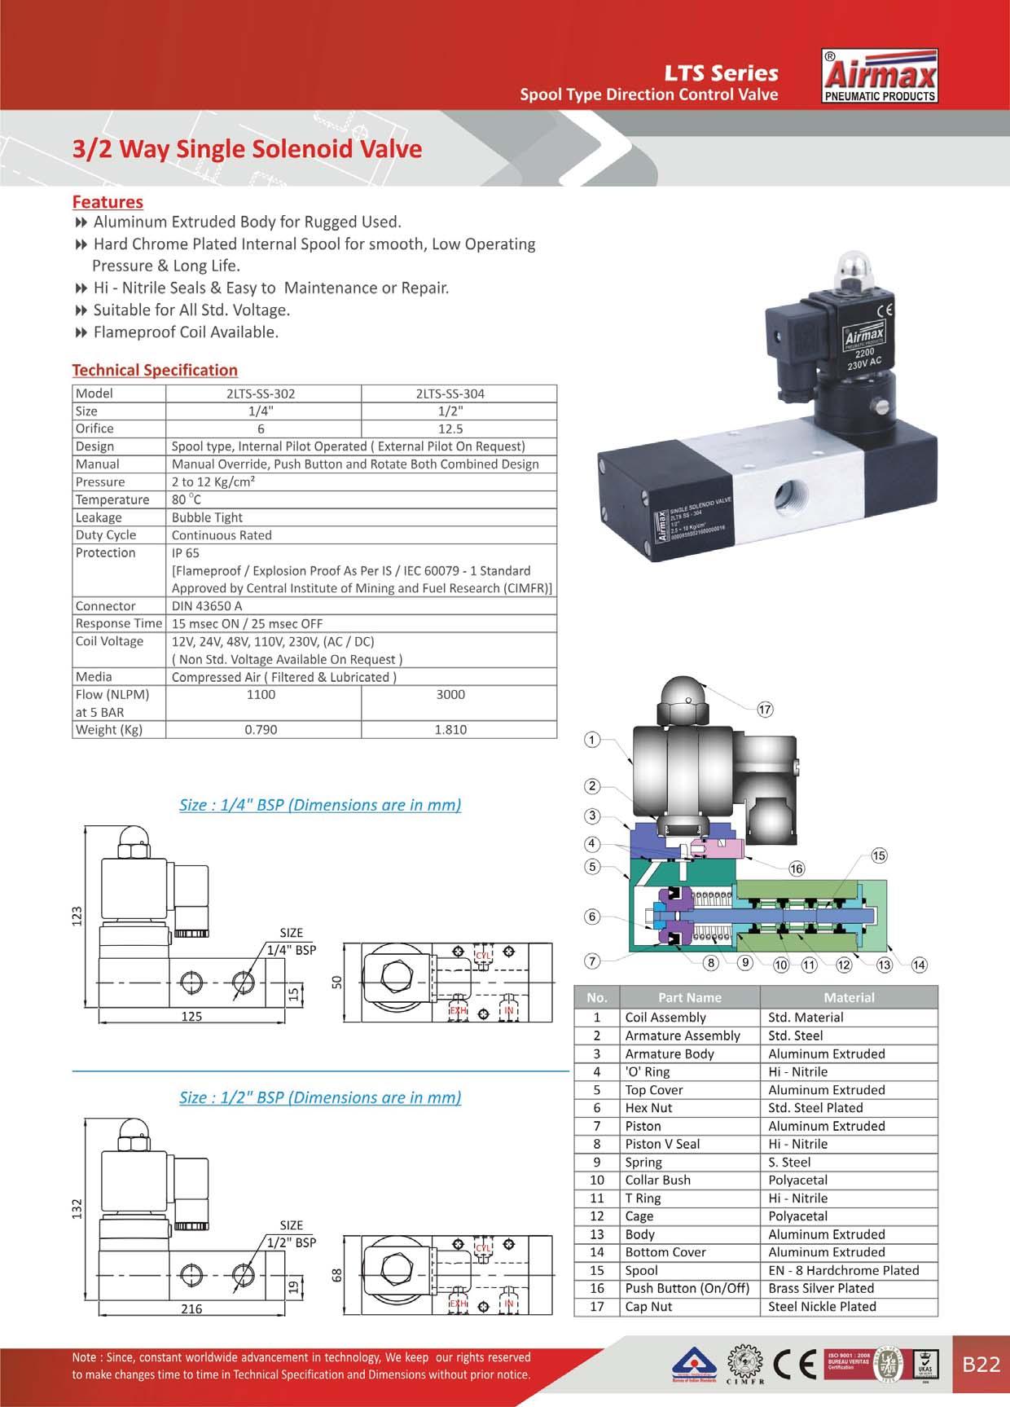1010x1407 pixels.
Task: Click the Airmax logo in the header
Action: (880, 77)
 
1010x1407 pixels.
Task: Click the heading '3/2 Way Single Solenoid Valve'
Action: (247, 149)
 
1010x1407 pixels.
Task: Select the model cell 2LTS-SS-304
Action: (450, 394)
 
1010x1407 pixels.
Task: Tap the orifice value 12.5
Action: (450, 429)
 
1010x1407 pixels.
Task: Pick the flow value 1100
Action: (261, 695)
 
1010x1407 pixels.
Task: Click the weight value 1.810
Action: (450, 730)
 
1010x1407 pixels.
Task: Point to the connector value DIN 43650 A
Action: (207, 606)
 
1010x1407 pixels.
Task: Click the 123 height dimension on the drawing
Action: (78, 916)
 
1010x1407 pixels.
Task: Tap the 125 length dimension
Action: (191, 1017)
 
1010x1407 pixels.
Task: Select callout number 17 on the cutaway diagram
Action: (765, 709)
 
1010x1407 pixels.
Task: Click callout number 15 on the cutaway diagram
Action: (879, 855)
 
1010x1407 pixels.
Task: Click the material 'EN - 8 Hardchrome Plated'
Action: (843, 1270)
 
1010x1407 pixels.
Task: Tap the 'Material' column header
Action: (849, 997)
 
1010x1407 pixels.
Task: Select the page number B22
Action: (981, 1365)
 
